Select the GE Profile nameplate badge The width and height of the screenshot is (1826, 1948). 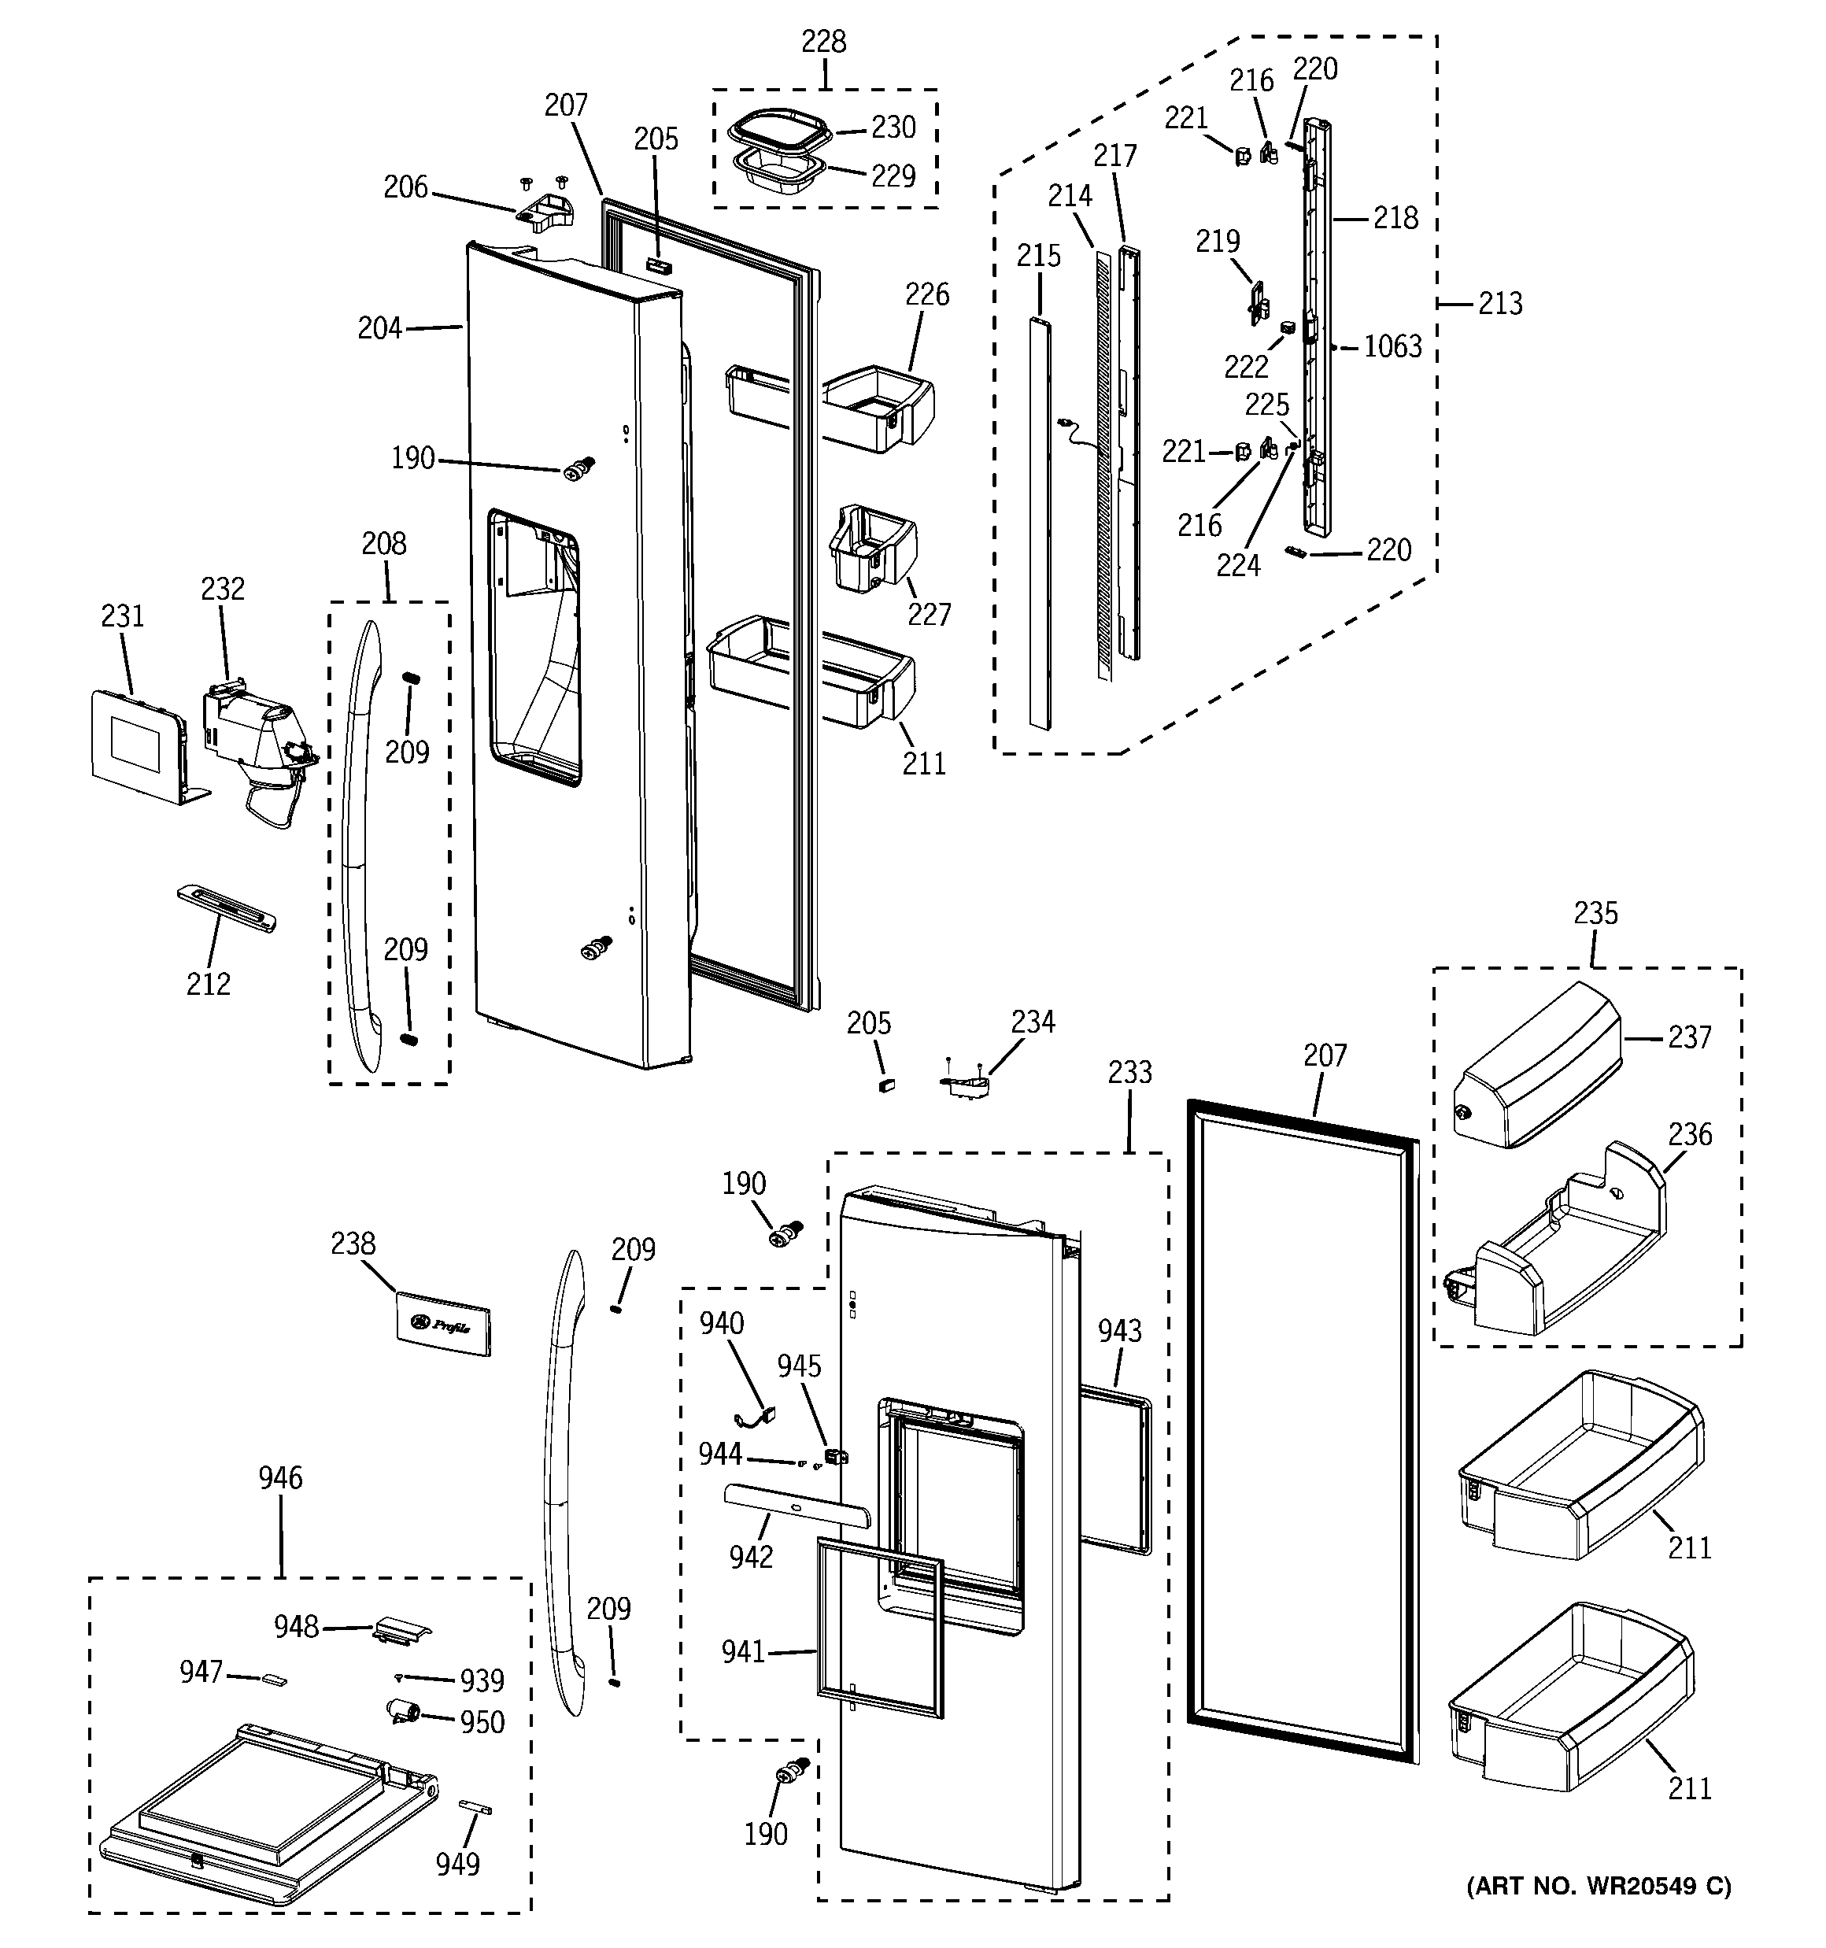tap(442, 1324)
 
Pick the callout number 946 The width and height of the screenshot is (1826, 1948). tap(280, 1477)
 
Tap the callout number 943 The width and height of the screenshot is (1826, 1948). tap(1118, 1331)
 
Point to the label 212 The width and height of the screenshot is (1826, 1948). tap(208, 984)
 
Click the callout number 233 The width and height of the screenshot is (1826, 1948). tap(1129, 1072)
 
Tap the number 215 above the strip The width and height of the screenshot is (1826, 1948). tap(1038, 256)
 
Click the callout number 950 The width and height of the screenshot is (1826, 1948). tap(482, 1723)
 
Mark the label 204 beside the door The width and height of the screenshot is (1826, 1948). tap(379, 328)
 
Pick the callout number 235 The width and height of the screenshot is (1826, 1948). tap(1595, 913)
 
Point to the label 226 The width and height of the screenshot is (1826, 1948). tap(926, 294)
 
